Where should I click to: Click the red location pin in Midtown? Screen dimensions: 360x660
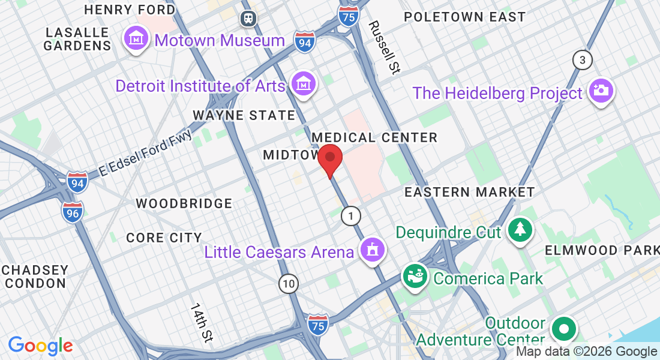329,158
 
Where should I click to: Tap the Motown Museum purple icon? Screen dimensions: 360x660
136,39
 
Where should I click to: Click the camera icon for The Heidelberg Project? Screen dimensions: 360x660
601,91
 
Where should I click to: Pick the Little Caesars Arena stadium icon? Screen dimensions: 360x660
373,249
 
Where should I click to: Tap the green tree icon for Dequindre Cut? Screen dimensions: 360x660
520,230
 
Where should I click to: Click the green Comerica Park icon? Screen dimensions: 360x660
415,276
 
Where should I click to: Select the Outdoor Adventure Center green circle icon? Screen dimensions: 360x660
563,329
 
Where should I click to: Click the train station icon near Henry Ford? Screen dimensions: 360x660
247,19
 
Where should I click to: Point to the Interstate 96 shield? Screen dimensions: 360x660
72,212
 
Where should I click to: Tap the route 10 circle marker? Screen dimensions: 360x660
289,283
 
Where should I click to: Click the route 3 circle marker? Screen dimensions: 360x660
581,60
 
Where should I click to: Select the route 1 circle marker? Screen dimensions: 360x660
351,216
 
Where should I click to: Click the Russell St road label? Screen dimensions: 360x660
384,47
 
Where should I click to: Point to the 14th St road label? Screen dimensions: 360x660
202,322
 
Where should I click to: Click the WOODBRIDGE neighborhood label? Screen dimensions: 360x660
184,203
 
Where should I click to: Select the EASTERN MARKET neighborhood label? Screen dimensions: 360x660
469,192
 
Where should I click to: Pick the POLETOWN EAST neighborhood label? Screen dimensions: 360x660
464,17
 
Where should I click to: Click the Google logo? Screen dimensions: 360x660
40,346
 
